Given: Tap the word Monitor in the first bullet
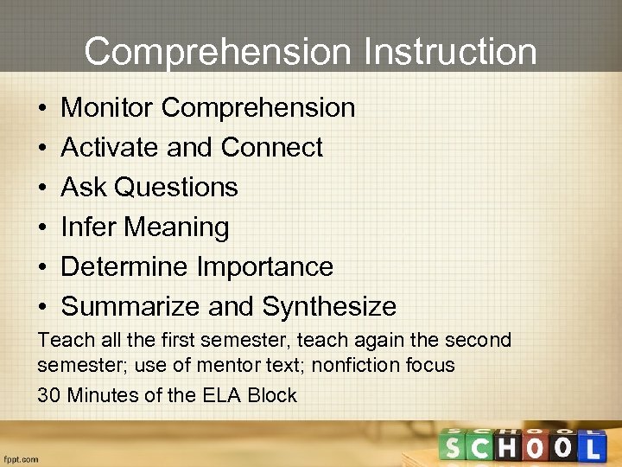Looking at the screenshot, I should click(107, 107).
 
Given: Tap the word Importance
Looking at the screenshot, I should click(265, 266).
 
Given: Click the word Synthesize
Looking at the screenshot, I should click(329, 306).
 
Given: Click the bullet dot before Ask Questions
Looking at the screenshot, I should click(42, 188).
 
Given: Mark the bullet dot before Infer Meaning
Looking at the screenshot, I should click(42, 227).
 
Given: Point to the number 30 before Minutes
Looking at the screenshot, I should click(48, 396).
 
